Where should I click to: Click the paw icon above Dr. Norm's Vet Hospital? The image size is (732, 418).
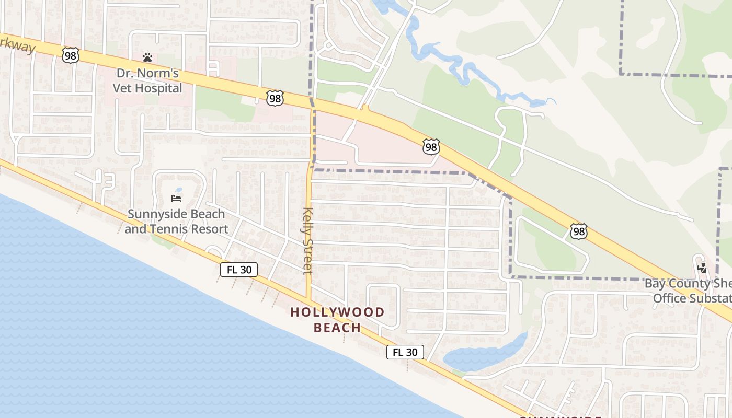pyautogui.click(x=147, y=57)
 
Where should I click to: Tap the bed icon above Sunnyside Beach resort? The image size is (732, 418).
pyautogui.click(x=176, y=199)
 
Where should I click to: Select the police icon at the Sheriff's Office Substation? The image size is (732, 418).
pyautogui.click(x=702, y=268)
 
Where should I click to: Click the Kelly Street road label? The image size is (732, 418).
pyautogui.click(x=307, y=241)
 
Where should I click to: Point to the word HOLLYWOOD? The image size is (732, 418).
pyautogui.click(x=337, y=312)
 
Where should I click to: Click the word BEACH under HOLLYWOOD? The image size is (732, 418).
pyautogui.click(x=337, y=328)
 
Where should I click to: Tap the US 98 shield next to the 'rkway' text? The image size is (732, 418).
pyautogui.click(x=70, y=55)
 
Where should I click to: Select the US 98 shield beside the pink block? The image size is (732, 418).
pyautogui.click(x=431, y=147)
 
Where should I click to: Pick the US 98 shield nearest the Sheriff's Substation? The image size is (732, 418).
pyautogui.click(x=579, y=231)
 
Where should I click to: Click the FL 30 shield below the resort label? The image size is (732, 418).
pyautogui.click(x=239, y=270)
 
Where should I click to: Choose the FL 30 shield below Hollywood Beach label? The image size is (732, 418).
pyautogui.click(x=405, y=352)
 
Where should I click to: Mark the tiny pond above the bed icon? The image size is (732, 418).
pyautogui.click(x=179, y=190)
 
